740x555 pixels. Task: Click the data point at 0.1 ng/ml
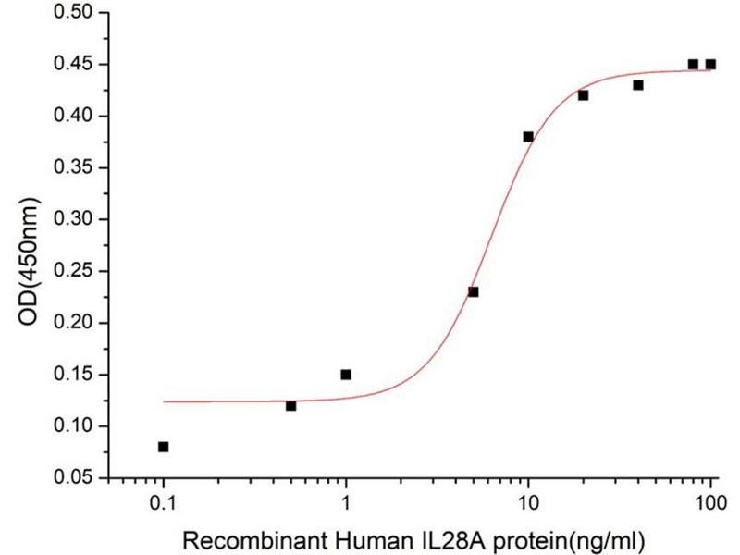164,447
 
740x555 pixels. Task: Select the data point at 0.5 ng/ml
291,405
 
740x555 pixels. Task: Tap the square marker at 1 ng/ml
346,375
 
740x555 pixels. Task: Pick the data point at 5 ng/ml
474,291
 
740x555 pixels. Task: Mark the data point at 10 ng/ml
528,137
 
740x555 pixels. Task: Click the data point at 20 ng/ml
583,95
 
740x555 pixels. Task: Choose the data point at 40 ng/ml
638,85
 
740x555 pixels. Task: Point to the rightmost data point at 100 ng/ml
710,65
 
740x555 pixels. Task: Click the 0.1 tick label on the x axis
164,505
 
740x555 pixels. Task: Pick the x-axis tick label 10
528,505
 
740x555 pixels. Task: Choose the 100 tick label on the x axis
710,505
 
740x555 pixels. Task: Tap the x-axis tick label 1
346,505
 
